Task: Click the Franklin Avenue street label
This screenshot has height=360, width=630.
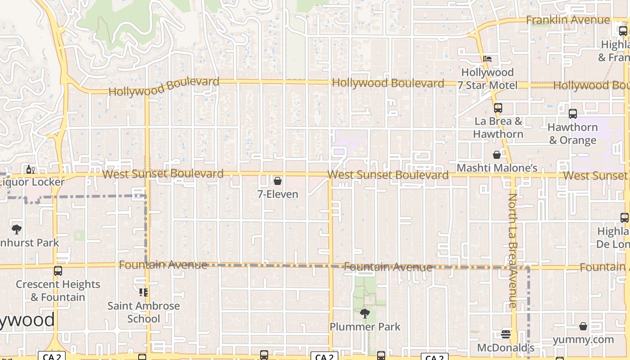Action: (x=568, y=20)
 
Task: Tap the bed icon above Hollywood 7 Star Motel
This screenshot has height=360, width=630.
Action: (x=487, y=58)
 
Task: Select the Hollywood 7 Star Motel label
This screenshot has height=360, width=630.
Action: (x=487, y=79)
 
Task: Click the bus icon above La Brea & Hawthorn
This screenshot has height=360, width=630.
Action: (x=498, y=108)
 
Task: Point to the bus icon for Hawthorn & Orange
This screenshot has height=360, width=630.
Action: (x=572, y=114)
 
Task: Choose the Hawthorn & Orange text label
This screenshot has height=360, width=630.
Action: (x=572, y=134)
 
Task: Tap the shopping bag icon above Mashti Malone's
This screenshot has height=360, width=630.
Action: (x=497, y=155)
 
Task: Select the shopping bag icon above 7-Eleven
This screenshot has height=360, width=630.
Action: (x=278, y=181)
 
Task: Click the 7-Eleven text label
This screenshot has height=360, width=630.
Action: (x=278, y=194)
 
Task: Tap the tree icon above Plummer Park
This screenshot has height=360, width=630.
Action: (x=365, y=313)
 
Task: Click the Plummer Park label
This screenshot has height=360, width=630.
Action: (x=365, y=327)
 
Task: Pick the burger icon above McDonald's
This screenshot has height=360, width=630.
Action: (x=506, y=334)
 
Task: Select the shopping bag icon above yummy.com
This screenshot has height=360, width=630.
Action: (x=583, y=326)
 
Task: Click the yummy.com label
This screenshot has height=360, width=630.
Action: (x=583, y=339)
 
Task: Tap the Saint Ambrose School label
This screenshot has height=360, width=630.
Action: (x=144, y=312)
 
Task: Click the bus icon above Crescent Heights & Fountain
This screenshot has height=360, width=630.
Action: (x=58, y=271)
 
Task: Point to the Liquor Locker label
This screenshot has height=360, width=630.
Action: (x=32, y=182)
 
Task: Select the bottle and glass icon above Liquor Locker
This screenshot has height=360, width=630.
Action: (x=31, y=170)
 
